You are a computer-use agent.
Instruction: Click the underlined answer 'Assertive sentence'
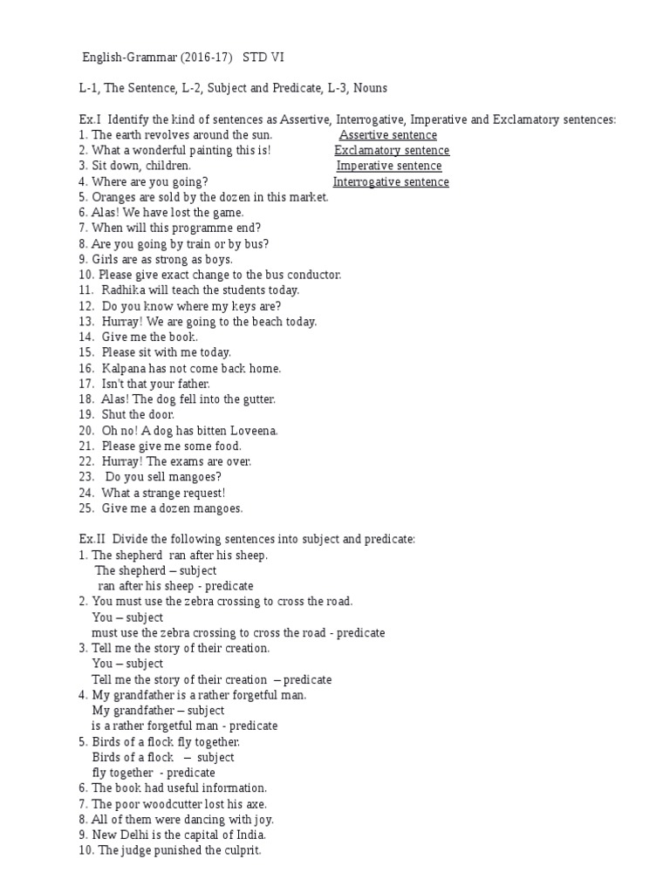[388, 135]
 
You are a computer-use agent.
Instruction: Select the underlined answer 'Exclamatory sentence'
[392, 151]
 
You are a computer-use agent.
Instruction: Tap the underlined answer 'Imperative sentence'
[389, 167]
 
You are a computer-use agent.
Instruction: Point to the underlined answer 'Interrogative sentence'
[391, 182]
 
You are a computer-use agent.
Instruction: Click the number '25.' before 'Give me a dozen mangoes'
[86, 508]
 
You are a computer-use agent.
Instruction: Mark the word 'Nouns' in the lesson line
[370, 88]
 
